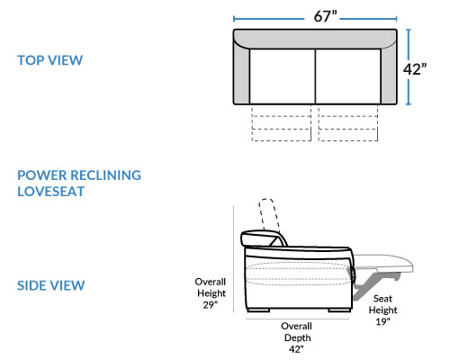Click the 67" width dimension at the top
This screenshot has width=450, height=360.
pyautogui.click(x=326, y=16)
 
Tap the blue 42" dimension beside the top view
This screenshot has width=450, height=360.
pyautogui.click(x=415, y=69)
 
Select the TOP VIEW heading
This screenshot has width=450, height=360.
pyautogui.click(x=49, y=60)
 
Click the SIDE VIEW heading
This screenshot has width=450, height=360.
pyautogui.click(x=50, y=285)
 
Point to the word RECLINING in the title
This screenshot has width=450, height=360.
pyautogui.click(x=106, y=175)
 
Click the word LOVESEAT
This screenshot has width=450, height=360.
pyautogui.click(x=50, y=192)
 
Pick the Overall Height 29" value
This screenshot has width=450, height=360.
pyautogui.click(x=210, y=305)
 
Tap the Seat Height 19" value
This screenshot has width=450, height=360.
pyautogui.click(x=382, y=321)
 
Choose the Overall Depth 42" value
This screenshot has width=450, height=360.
pyautogui.click(x=296, y=349)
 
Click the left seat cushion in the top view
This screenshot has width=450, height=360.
pyautogui.click(x=283, y=76)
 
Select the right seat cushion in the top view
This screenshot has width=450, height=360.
pyautogui.click(x=348, y=76)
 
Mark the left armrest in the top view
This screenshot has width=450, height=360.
pyautogui.click(x=241, y=75)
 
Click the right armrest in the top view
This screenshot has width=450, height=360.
pyautogui.click(x=389, y=75)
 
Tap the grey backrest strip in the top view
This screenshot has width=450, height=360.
pyautogui.click(x=315, y=39)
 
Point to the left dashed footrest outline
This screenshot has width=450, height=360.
pyautogui.click(x=282, y=122)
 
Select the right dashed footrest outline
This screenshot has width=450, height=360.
pyautogui.click(x=348, y=122)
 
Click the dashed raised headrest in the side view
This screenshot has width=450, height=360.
pyautogui.click(x=269, y=213)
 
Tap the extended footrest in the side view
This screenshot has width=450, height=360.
pyautogui.click(x=384, y=263)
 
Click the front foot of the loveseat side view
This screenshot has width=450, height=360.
pyautogui.click(x=339, y=310)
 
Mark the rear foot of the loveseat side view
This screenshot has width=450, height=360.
pyautogui.click(x=258, y=310)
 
